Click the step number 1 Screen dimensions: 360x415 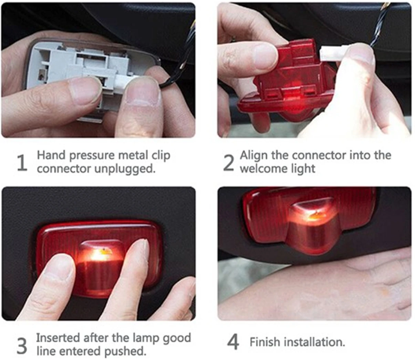click(22, 163)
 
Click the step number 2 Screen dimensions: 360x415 click(228, 163)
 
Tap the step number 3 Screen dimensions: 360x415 click(22, 346)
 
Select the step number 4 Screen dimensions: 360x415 click(233, 342)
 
